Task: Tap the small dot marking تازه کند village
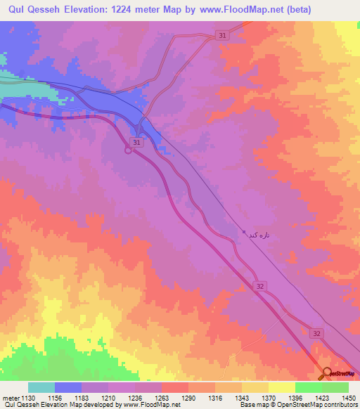[244, 233]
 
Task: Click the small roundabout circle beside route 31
[129, 148]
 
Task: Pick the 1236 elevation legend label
[136, 397]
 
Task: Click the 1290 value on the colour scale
[189, 397]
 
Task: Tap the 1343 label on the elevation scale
[243, 397]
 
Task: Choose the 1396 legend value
[296, 397]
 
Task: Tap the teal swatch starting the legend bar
[41, 387]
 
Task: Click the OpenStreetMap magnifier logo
[327, 373]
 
